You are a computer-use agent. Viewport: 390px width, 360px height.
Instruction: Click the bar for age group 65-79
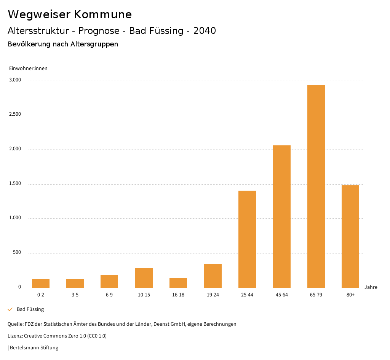[316, 186]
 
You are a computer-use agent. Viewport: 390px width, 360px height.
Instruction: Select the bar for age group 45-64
[281, 217]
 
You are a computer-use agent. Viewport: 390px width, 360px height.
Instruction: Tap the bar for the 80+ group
[350, 236]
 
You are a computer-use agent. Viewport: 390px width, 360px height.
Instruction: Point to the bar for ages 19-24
[213, 276]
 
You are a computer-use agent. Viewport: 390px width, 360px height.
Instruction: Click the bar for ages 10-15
[144, 278]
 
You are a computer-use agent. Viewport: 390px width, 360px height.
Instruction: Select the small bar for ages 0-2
[41, 283]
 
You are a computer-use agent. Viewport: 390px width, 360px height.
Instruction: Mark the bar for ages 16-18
[178, 283]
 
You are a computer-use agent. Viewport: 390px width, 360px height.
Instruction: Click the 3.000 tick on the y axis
[15, 80]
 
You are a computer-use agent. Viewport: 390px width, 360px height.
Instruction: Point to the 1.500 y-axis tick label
[15, 183]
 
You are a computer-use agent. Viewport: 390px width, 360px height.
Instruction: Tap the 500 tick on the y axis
[17, 252]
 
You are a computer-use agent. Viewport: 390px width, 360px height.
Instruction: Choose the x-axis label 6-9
[109, 295]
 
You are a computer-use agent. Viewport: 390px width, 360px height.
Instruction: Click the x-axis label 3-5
[75, 295]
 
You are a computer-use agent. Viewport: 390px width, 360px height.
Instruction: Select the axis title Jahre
[371, 287]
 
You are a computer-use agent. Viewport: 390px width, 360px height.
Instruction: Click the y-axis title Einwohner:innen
[28, 68]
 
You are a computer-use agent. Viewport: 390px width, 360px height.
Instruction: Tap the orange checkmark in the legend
[10, 309]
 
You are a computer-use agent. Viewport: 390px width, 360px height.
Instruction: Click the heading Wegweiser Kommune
[70, 14]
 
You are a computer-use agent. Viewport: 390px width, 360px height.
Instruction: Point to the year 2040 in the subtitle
[205, 30]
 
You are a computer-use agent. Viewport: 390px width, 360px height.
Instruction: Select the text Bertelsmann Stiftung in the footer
[34, 347]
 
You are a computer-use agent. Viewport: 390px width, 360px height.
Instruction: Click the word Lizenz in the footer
[14, 336]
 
